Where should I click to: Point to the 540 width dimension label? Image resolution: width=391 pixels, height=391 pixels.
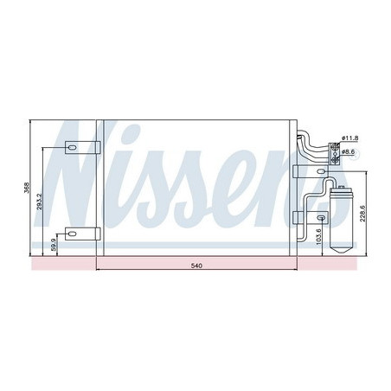[196, 266]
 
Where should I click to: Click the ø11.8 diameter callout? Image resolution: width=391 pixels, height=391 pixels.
[349, 138]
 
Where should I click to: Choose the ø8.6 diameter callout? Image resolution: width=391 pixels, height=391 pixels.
[349, 152]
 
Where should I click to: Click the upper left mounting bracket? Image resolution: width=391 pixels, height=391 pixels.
[78, 147]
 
